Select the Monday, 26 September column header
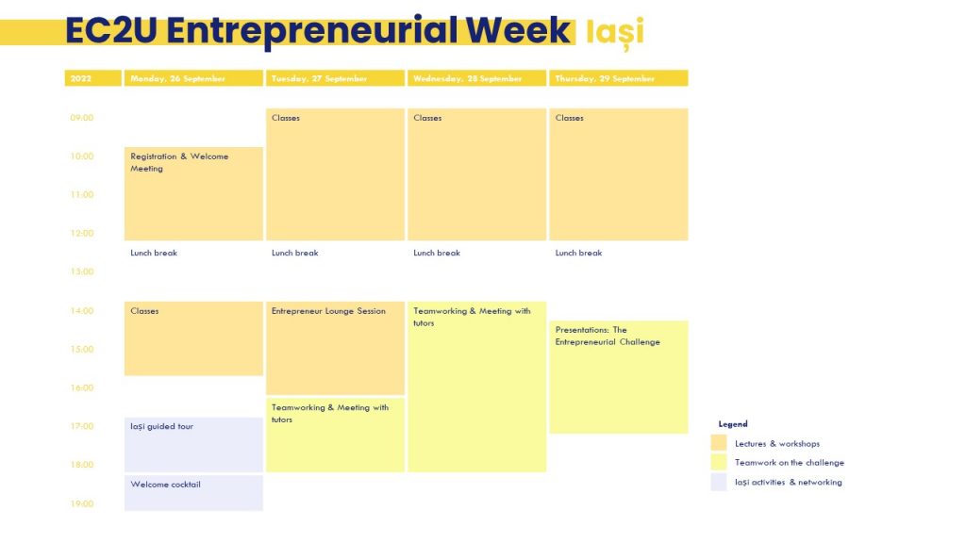193,78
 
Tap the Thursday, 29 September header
619,78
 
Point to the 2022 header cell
93,78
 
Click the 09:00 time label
82,118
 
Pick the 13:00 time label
82,271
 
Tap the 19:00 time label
82,503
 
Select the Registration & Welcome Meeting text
179,162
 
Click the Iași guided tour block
193,445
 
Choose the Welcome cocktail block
193,492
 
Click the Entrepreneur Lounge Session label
328,311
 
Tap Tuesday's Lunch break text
295,253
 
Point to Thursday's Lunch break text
578,253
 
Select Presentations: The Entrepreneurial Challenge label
608,337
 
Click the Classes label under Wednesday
427,118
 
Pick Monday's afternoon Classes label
144,311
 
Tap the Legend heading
733,424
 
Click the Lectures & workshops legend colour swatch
719,443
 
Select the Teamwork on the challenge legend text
790,462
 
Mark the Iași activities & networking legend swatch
719,482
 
